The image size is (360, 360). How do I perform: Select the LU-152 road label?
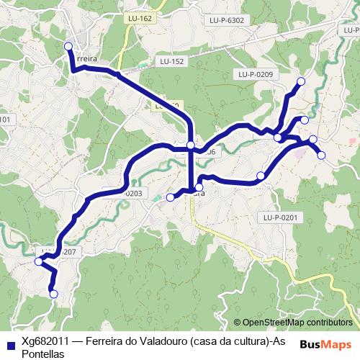(172, 62)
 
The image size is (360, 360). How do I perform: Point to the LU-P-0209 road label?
(253, 75)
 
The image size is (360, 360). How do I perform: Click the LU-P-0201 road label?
(280, 217)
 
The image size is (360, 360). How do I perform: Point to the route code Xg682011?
(45, 342)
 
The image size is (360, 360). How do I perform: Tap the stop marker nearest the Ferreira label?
(69, 47)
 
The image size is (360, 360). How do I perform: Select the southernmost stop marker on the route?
(53, 293)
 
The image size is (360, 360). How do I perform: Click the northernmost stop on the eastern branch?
(300, 81)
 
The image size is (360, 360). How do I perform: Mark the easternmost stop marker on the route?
(321, 155)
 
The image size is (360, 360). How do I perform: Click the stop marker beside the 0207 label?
(39, 262)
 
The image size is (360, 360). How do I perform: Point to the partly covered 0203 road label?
(134, 194)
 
